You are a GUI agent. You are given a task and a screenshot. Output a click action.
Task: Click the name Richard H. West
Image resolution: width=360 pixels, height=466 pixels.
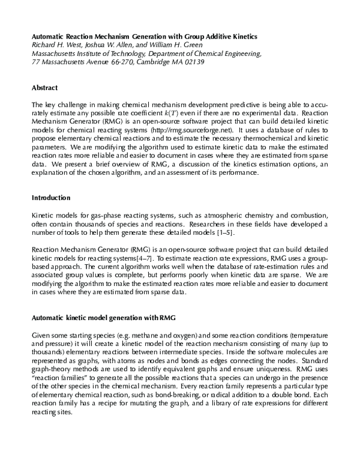pos(57,44)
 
